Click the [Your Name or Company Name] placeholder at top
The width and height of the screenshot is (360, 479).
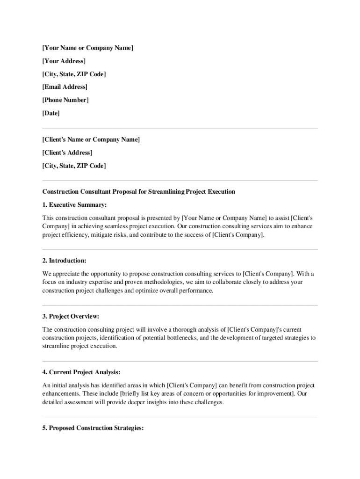click(88, 48)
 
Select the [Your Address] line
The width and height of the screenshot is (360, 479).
click(64, 61)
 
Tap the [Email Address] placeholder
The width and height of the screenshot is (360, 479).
click(65, 87)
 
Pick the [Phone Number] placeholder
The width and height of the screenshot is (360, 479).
click(65, 100)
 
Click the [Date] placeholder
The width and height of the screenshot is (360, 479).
click(51, 113)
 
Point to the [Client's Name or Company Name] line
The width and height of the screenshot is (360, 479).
click(91, 139)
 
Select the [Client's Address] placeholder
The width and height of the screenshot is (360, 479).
click(67, 152)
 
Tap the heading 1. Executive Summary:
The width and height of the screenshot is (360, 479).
click(75, 204)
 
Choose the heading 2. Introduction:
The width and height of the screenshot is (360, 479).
click(65, 260)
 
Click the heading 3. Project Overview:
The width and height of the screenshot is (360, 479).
click(71, 316)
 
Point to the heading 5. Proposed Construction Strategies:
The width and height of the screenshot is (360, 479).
click(93, 428)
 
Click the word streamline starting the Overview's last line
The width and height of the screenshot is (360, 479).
click(56, 347)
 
